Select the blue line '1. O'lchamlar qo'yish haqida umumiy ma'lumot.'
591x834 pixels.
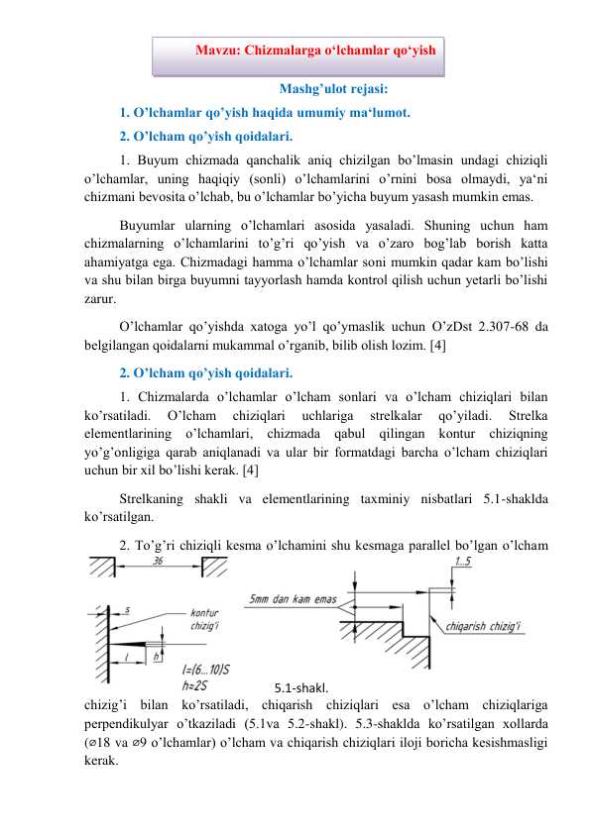264,112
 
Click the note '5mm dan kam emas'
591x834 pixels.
295,598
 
